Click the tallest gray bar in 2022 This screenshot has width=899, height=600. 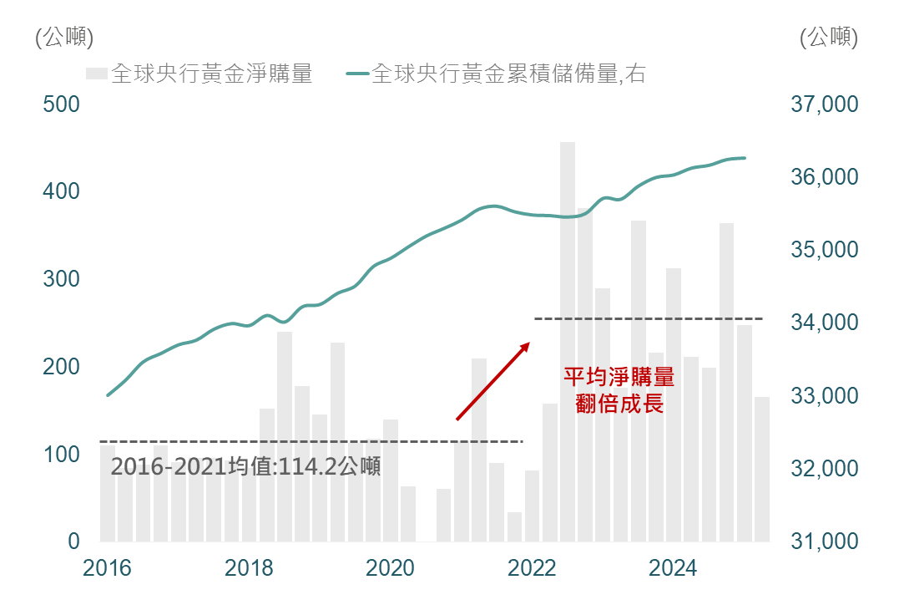pos(568,334)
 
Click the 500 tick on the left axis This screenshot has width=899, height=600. pos(62,105)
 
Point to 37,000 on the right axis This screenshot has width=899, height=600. pos(822,105)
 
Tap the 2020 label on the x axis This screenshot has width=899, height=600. pos(391,569)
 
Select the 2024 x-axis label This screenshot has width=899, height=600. pos(674,569)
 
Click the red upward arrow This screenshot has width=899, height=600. pos(493,380)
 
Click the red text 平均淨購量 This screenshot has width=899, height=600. pos(619,378)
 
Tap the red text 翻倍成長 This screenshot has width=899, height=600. pos(619,404)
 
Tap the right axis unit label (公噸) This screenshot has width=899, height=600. pos(828,38)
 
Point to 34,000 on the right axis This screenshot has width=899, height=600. pos(822,323)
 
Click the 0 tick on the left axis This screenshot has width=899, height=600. pos(73,542)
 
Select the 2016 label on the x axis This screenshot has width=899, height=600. pos(108,569)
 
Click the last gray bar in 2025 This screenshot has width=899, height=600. pos(762,468)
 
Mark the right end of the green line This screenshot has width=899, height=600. pos(745,158)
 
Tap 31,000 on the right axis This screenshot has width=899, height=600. pos(822,542)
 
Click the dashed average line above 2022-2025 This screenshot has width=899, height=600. pos(648,318)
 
